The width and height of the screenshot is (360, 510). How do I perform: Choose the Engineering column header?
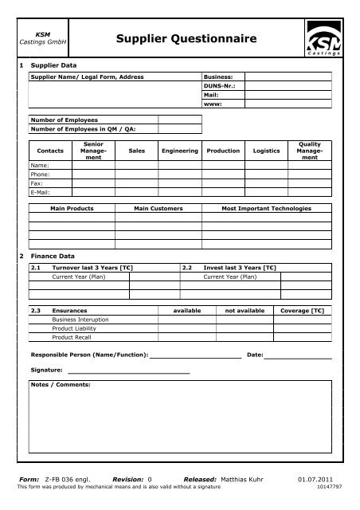tap(179, 150)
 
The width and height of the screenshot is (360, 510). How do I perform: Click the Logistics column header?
tap(266, 150)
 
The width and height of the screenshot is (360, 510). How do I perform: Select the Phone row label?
tap(41, 173)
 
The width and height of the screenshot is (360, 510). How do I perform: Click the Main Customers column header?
tap(158, 208)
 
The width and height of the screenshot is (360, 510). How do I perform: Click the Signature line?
tap(128, 371)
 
